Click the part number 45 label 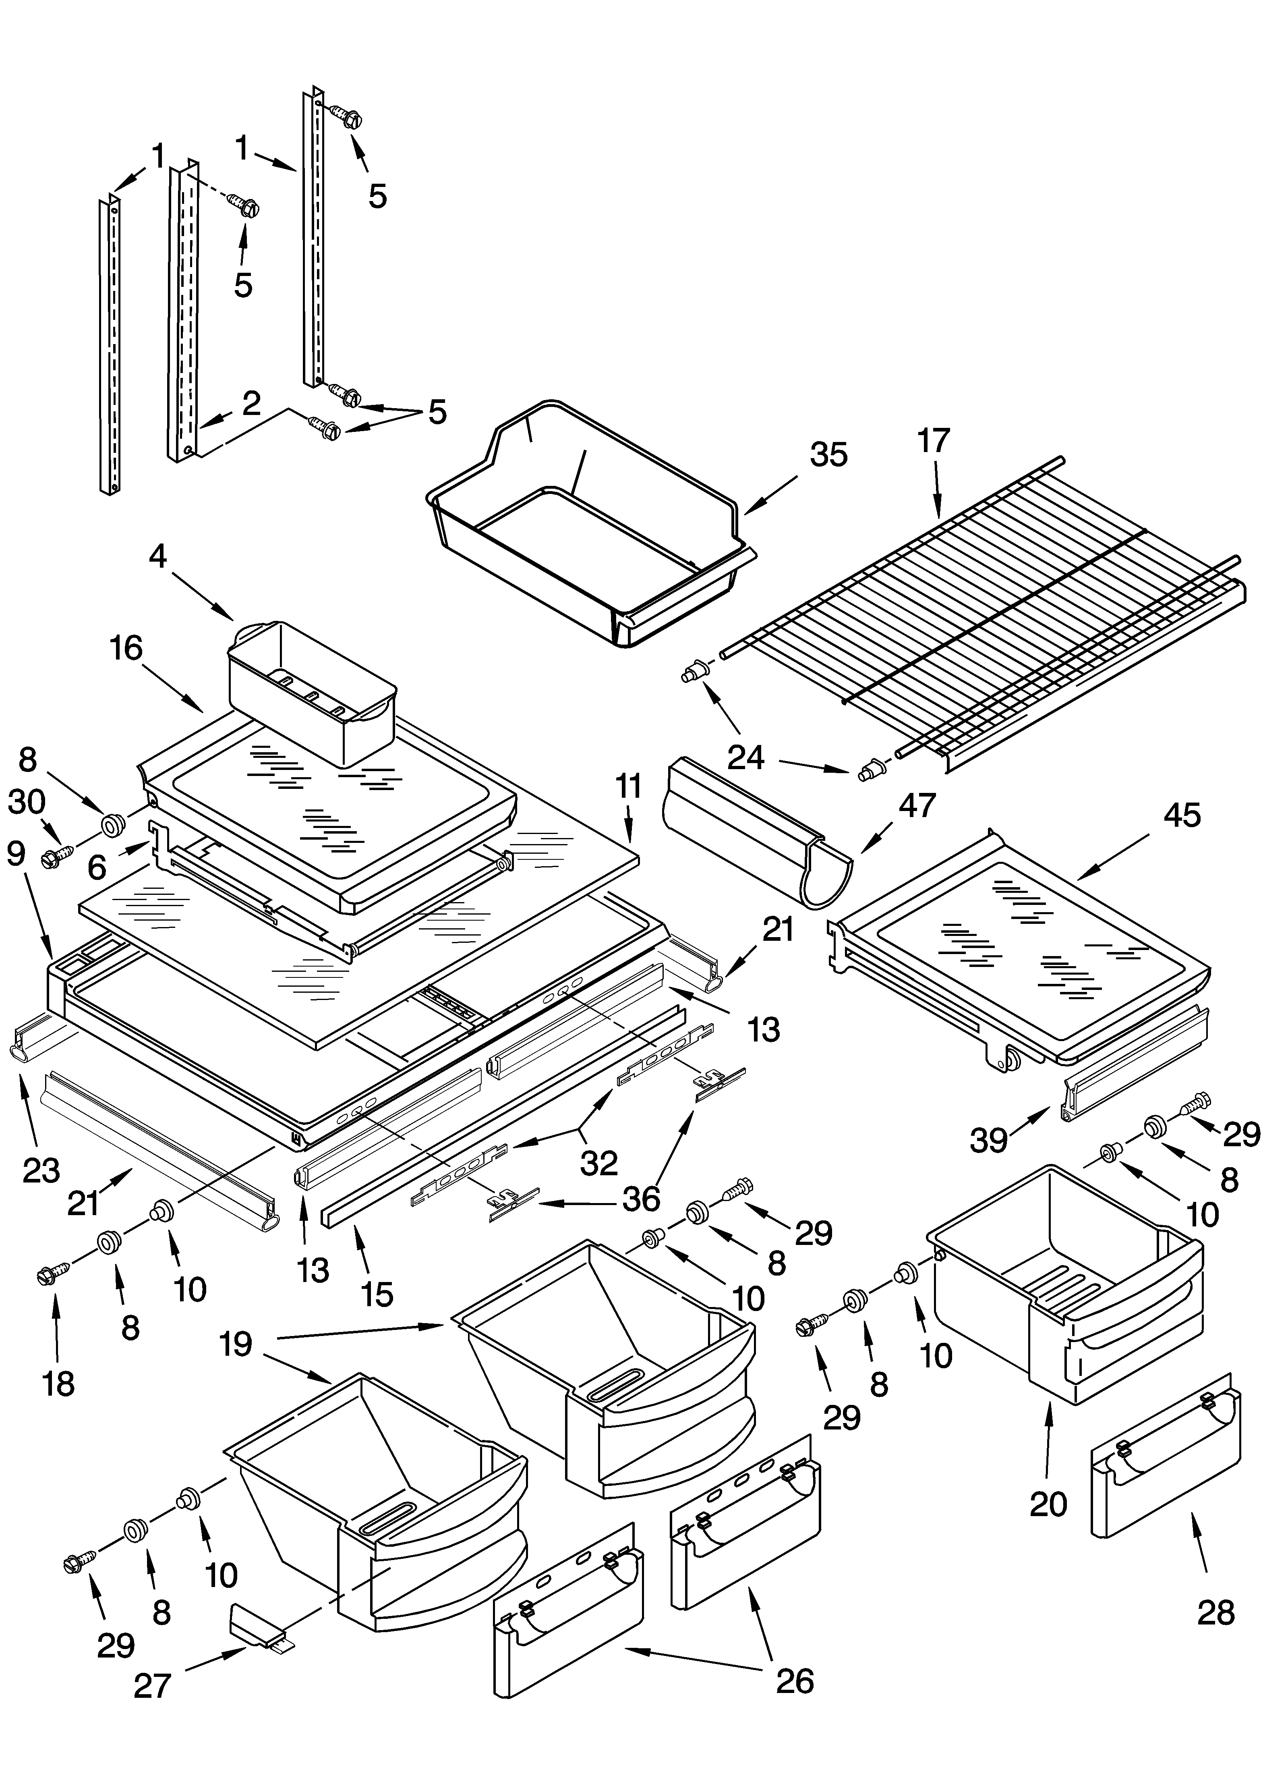click(1182, 815)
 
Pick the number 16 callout click(126, 649)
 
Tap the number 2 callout click(251, 404)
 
